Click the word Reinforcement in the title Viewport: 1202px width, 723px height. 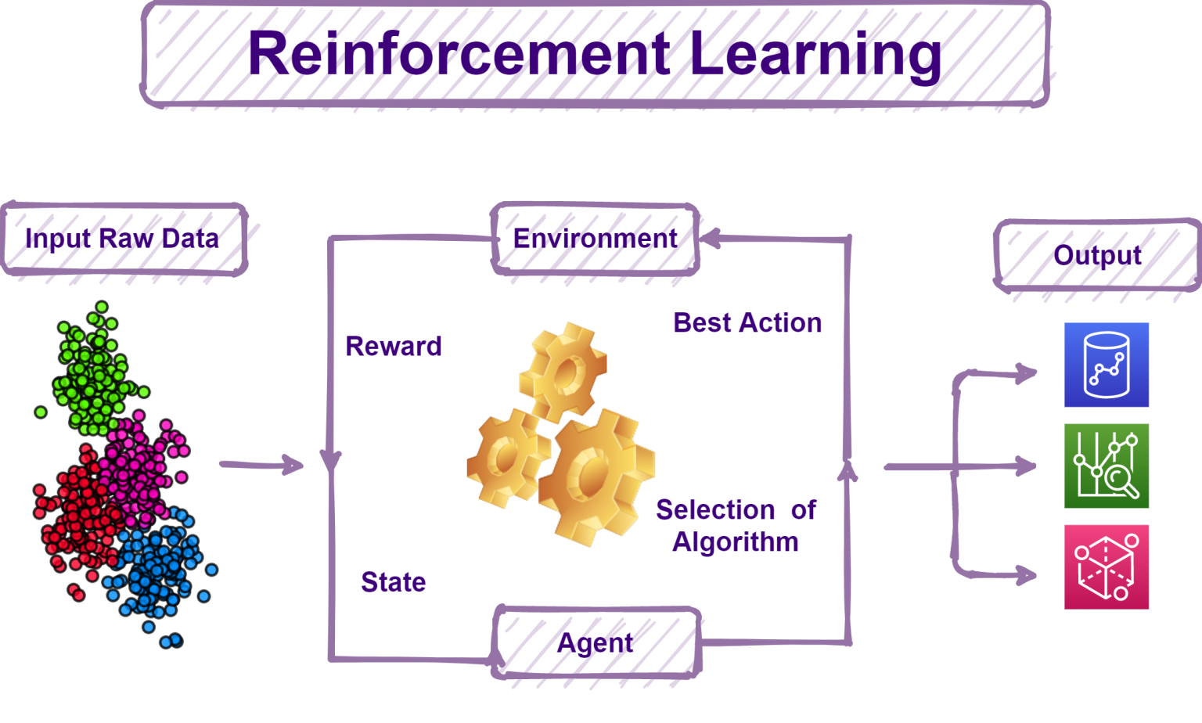(459, 54)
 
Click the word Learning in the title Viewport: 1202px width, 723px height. (815, 57)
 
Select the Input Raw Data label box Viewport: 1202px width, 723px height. (124, 239)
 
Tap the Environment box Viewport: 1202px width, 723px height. (595, 239)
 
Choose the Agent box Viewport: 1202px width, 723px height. (596, 642)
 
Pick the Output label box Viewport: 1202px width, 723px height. (1097, 255)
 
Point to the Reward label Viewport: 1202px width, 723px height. (394, 347)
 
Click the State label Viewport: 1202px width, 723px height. (394, 582)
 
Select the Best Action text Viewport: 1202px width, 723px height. (747, 323)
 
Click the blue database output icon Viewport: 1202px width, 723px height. (1107, 365)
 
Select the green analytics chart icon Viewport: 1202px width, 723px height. (1107, 466)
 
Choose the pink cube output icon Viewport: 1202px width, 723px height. (1107, 567)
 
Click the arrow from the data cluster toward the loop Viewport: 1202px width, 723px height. (262, 465)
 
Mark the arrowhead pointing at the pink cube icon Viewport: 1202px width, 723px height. (1027, 575)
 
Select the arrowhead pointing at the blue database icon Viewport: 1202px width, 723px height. (1027, 372)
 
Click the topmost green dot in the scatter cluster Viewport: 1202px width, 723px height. (102, 307)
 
